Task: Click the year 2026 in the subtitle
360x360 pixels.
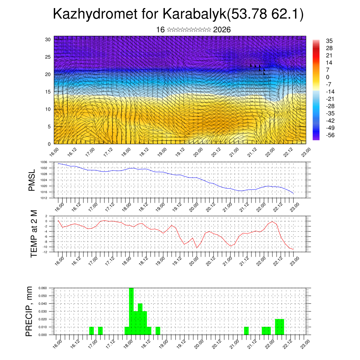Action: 222,30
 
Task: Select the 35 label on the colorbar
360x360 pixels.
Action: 330,41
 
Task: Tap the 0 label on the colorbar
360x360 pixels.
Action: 328,77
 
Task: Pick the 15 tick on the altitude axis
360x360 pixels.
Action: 49,92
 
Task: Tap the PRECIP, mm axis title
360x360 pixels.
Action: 30,311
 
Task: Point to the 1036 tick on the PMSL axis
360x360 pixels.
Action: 44,162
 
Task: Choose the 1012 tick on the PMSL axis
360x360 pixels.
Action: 44,198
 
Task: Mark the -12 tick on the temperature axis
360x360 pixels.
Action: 45,252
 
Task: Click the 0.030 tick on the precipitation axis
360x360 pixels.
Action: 42,311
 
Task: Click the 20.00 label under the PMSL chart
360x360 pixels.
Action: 195,206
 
